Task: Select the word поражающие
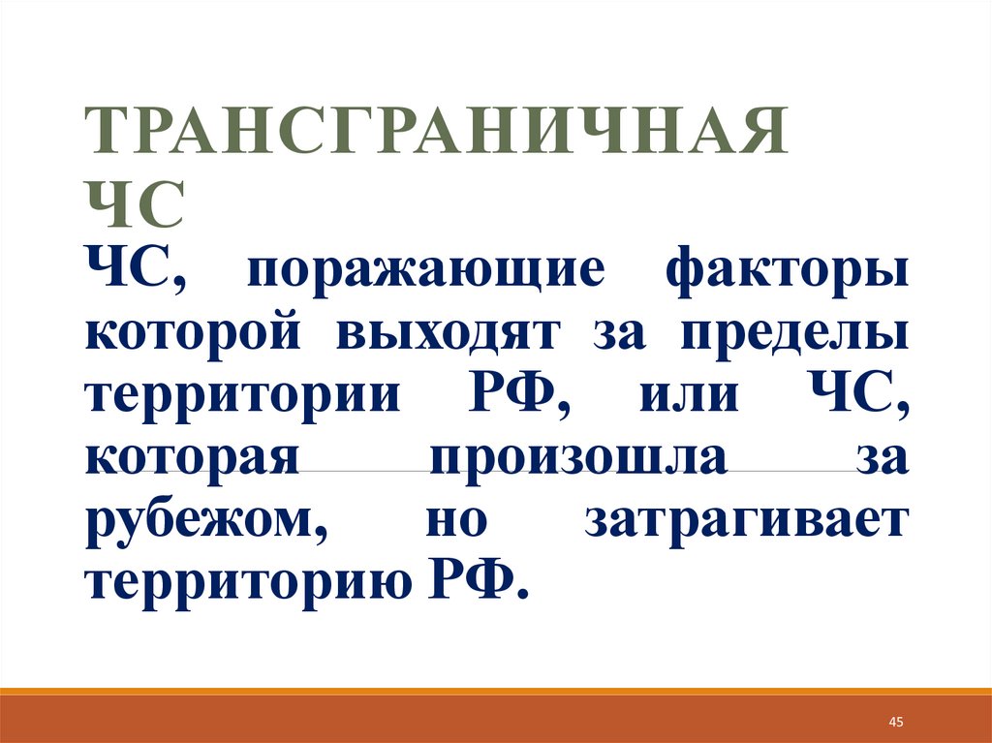[426, 271]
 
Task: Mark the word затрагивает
[747, 521]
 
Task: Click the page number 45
[895, 723]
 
